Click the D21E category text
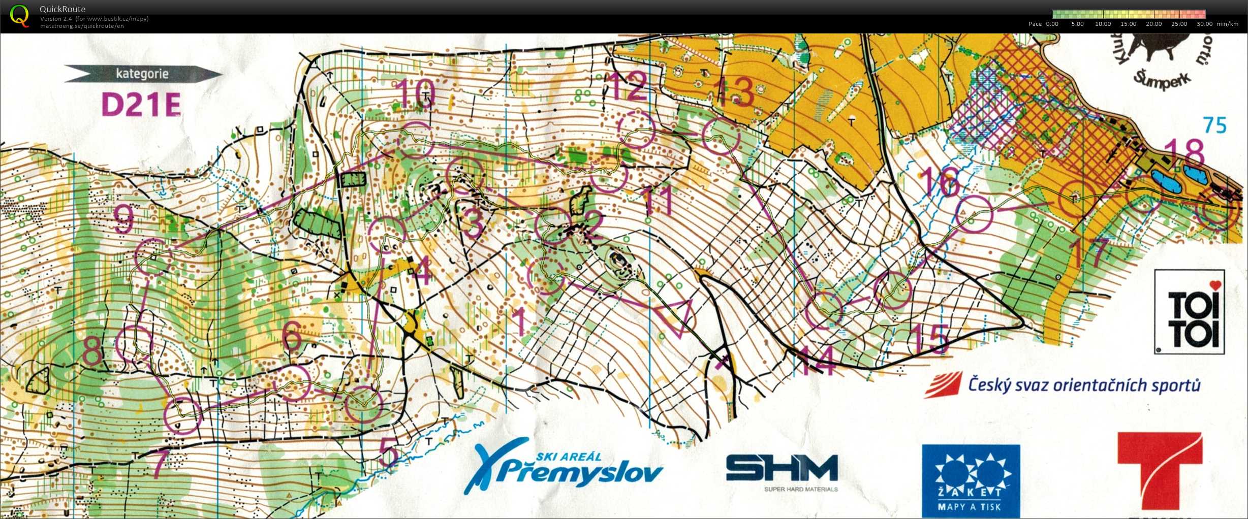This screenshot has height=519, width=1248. pyautogui.click(x=141, y=105)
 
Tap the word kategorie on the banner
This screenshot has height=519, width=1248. pyautogui.click(x=142, y=74)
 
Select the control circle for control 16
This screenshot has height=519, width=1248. pyautogui.click(x=974, y=213)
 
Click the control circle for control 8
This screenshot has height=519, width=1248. pyautogui.click(x=134, y=344)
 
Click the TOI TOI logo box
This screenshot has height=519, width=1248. pyautogui.click(x=1189, y=312)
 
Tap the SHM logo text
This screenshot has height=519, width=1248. pyautogui.click(x=782, y=468)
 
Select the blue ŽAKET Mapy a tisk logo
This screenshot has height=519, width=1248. pyautogui.click(x=971, y=480)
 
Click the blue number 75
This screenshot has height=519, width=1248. pyautogui.click(x=1215, y=125)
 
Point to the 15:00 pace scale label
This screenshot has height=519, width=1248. pyautogui.click(x=1128, y=24)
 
